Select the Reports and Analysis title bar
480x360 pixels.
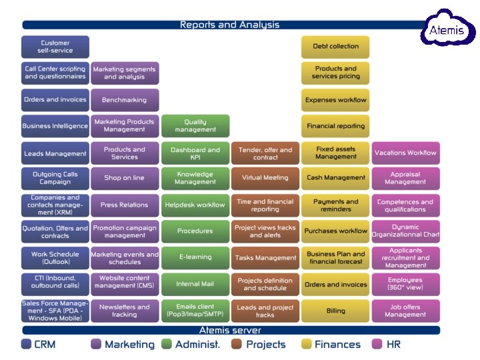coord(229,25)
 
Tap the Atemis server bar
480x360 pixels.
coord(230,330)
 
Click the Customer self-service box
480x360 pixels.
coord(55,47)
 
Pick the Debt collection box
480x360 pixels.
coord(335,47)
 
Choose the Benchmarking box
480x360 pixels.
coord(125,100)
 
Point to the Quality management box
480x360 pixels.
coord(195,126)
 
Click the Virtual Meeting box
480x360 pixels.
coord(265,178)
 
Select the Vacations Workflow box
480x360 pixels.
coord(405,153)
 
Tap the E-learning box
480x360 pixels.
coord(195,257)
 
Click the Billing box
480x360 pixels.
coord(335,311)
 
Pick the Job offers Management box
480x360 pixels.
coord(405,311)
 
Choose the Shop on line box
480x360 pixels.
coord(125,178)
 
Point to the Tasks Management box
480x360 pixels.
coord(265,257)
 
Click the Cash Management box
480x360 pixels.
coord(335,178)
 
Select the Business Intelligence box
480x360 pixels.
coord(55,126)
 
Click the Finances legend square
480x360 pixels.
coord(306,345)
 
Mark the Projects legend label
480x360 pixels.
coord(265,345)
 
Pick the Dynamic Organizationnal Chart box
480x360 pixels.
coord(405,231)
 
